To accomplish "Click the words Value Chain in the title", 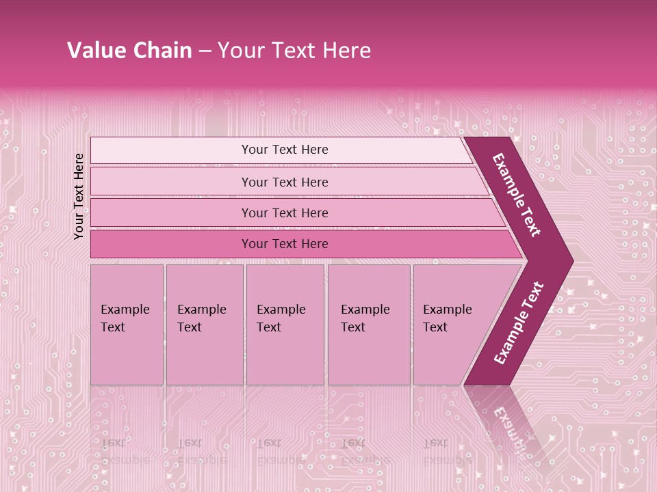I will (x=129, y=51).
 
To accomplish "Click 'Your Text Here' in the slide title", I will (x=294, y=51).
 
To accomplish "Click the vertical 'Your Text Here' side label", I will (x=79, y=196).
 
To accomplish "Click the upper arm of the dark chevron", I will (x=517, y=195).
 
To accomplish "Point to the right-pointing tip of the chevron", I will (x=567, y=261).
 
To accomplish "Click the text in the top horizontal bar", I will (x=285, y=150).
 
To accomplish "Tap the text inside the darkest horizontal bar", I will (x=285, y=244).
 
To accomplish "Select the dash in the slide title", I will (x=205, y=51).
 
